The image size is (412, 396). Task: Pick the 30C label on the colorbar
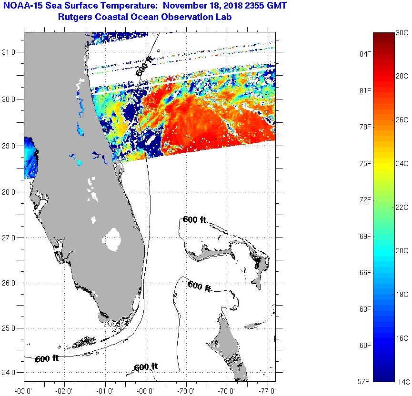[402, 32]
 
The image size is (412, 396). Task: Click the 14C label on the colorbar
[402, 381]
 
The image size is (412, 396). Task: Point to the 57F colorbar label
[366, 381]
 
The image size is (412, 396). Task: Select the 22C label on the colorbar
[402, 207]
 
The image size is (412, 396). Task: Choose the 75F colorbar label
[366, 163]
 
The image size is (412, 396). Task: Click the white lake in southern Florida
[113, 239]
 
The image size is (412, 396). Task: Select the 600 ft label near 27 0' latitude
[194, 219]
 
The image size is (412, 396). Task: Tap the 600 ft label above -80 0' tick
[146, 367]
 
